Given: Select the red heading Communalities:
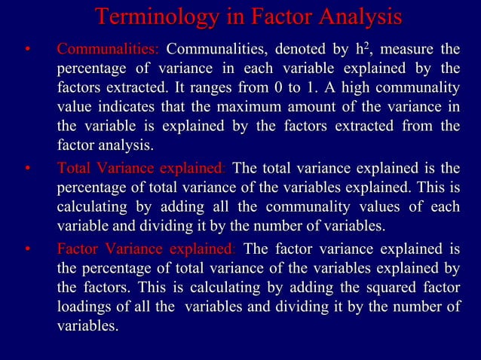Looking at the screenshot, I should tap(108, 50).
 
